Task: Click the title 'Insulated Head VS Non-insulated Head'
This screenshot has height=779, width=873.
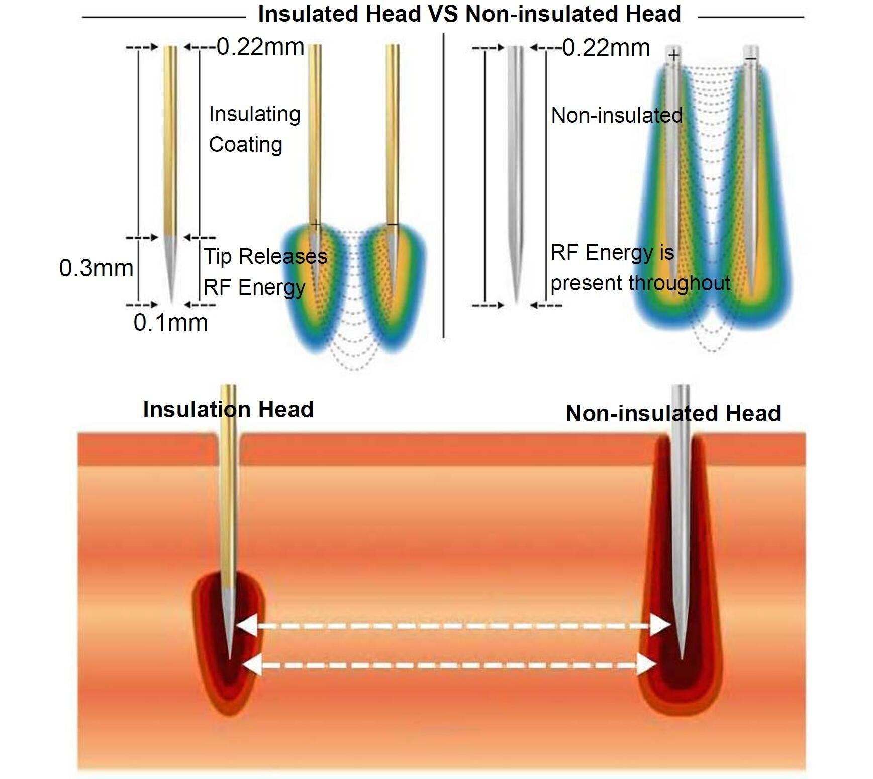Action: click(469, 14)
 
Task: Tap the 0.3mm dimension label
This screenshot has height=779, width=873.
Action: click(96, 268)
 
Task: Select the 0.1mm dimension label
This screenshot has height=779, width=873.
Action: click(171, 322)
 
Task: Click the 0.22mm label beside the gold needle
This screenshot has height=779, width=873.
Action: click(260, 47)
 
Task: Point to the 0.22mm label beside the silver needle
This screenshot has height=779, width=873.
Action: click(606, 48)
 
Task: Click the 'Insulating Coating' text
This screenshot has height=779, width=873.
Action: click(255, 129)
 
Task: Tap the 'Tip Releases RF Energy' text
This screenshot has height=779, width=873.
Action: click(265, 271)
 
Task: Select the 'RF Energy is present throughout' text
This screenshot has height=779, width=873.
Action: click(640, 268)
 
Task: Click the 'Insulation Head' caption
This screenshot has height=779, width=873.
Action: click(228, 409)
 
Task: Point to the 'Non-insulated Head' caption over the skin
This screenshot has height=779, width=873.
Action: click(673, 413)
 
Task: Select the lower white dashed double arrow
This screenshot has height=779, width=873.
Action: click(449, 665)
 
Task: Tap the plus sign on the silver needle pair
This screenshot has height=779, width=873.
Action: click(674, 54)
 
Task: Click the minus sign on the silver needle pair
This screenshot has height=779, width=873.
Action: click(751, 59)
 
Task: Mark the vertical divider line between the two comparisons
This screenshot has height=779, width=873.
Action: click(443, 185)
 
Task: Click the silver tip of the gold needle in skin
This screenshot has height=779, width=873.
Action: click(229, 623)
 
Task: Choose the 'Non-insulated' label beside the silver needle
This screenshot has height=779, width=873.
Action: click(617, 116)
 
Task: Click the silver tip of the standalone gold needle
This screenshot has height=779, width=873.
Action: click(171, 269)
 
